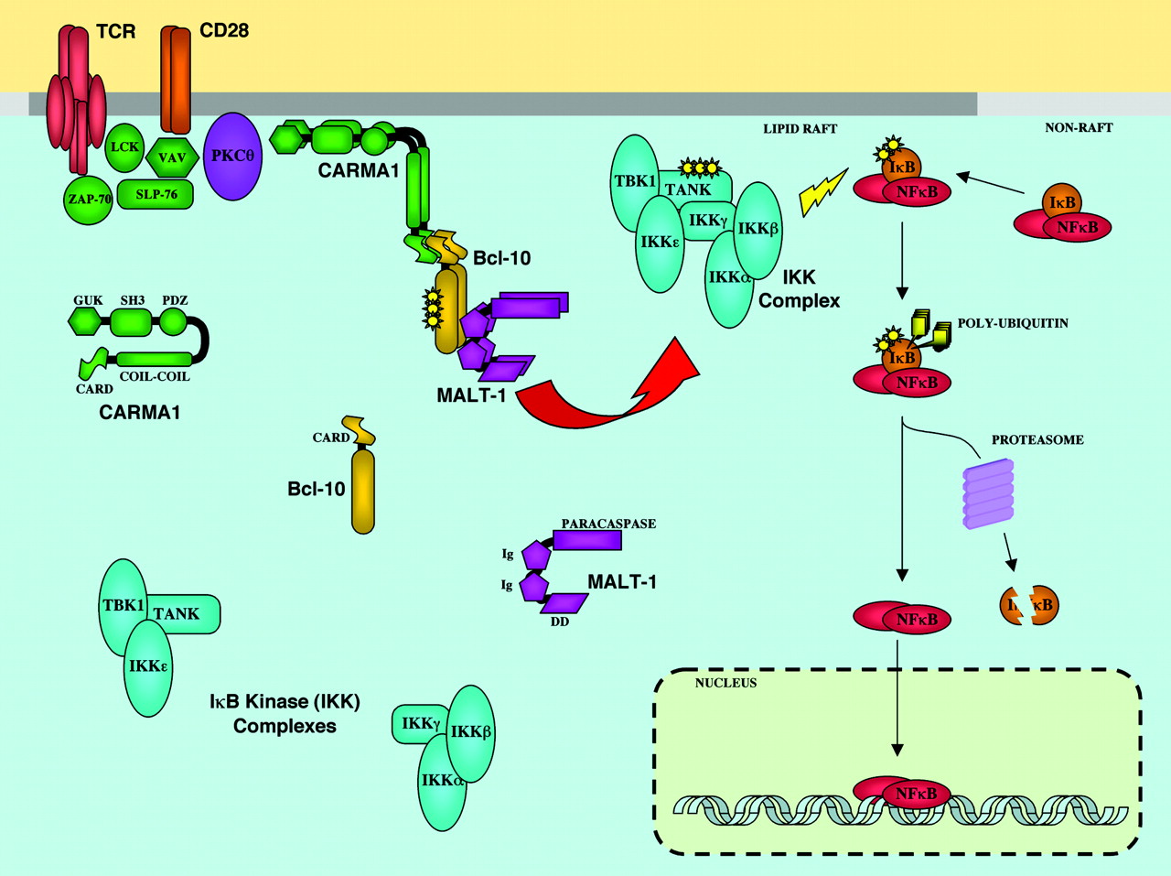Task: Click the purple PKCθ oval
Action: coord(232,156)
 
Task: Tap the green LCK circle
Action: coord(124,148)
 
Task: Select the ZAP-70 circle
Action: coord(89,199)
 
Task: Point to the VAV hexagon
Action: coord(172,157)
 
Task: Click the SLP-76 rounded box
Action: coord(156,194)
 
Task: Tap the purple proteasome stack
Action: coord(989,494)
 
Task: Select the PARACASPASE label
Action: coord(608,524)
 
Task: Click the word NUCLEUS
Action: coord(725,683)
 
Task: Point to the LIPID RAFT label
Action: coord(800,129)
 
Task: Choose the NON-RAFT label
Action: coord(1079,128)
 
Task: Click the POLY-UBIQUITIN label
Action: coord(1013,323)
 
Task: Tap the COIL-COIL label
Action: coord(155,376)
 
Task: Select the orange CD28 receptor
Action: coord(176,79)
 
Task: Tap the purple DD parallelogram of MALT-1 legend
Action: coord(564,603)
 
